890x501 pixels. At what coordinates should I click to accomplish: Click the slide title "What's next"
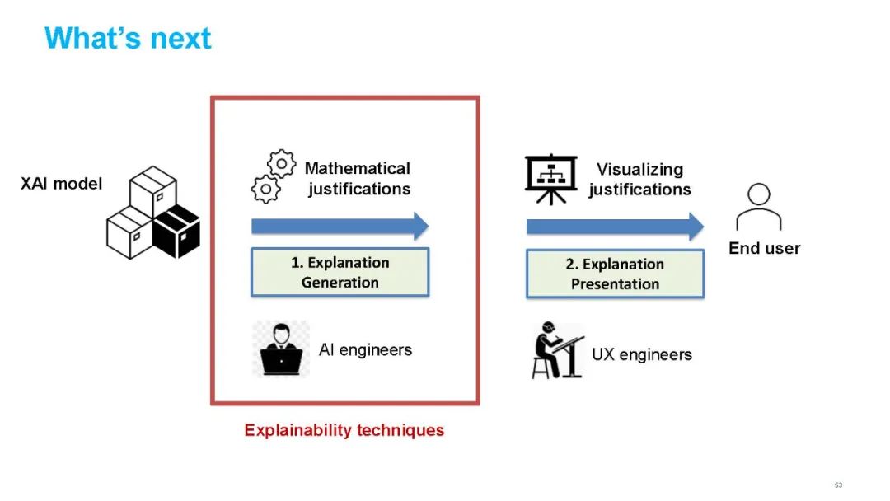click(x=128, y=38)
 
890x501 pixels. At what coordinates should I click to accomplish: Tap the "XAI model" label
click(x=62, y=184)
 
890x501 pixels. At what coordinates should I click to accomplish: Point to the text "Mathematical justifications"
click(x=358, y=179)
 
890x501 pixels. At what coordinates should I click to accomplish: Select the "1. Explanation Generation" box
click(x=340, y=273)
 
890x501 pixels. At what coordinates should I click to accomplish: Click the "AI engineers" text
click(x=365, y=350)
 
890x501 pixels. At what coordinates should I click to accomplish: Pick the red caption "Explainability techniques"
click(x=344, y=430)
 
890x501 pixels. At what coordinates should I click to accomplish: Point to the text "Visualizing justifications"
click(x=639, y=180)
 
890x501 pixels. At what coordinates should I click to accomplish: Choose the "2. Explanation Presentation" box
click(x=615, y=274)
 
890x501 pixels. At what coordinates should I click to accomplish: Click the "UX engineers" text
click(x=642, y=355)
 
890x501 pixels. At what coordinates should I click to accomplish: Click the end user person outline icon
click(x=759, y=207)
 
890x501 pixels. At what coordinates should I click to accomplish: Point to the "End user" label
click(x=764, y=248)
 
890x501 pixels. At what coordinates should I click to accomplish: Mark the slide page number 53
click(x=839, y=485)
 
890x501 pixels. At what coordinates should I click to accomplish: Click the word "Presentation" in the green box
click(x=616, y=284)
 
